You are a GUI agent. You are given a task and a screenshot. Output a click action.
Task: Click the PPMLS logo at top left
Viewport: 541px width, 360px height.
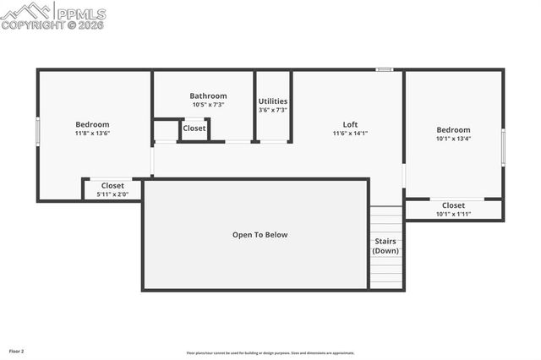click(x=53, y=14)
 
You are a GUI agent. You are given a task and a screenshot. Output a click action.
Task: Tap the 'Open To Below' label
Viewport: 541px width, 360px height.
click(x=260, y=235)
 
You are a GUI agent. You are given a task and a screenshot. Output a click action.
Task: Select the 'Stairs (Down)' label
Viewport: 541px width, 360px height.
click(x=386, y=246)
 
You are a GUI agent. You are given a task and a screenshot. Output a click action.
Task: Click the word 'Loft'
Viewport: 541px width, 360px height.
click(x=350, y=124)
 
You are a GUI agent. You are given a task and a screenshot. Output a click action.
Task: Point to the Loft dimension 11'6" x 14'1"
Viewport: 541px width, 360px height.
click(x=350, y=134)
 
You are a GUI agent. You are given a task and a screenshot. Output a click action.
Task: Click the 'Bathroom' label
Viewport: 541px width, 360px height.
click(x=208, y=96)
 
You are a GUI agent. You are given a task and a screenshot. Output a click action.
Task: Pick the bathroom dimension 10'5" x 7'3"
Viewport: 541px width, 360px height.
click(x=208, y=106)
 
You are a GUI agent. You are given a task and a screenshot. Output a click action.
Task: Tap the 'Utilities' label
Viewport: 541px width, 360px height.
click(x=273, y=101)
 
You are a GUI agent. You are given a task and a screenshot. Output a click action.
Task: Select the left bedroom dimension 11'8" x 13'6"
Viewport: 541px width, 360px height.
click(x=93, y=134)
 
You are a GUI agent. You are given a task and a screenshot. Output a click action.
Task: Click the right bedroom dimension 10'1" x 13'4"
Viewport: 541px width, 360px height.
click(x=453, y=139)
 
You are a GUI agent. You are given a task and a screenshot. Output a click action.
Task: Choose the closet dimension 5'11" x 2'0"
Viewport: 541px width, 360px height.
click(x=112, y=194)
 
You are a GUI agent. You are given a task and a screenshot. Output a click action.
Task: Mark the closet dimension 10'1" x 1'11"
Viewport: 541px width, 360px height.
click(x=453, y=214)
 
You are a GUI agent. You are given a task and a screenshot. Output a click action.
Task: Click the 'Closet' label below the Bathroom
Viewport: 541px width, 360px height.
click(x=194, y=128)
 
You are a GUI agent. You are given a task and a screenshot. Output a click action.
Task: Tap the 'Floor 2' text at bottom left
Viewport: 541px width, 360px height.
click(x=17, y=351)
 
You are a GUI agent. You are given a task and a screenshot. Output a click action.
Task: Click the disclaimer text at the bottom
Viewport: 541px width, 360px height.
click(x=270, y=353)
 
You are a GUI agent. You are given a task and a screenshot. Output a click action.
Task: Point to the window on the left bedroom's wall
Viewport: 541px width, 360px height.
click(x=37, y=132)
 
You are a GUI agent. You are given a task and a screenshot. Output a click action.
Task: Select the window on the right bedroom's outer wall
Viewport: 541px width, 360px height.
click(x=504, y=146)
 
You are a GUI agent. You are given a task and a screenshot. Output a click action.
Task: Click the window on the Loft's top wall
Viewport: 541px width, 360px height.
click(x=385, y=69)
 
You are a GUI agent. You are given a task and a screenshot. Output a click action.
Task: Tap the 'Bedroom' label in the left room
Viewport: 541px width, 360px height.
click(x=93, y=124)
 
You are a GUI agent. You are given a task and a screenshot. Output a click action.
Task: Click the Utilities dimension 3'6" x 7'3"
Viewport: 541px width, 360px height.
click(x=273, y=111)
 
